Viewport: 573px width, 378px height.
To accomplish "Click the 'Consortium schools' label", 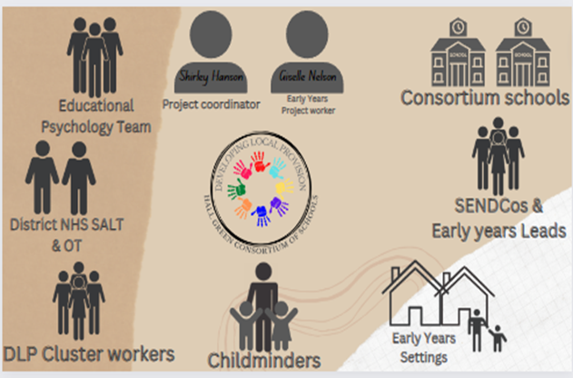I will (x=485, y=96).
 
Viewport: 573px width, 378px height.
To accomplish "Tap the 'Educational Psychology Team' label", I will (x=95, y=115).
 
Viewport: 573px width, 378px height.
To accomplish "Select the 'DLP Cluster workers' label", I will (x=88, y=351).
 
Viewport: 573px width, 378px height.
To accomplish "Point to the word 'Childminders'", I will (x=264, y=360).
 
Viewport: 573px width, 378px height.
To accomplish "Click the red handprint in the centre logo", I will (x=242, y=169).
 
